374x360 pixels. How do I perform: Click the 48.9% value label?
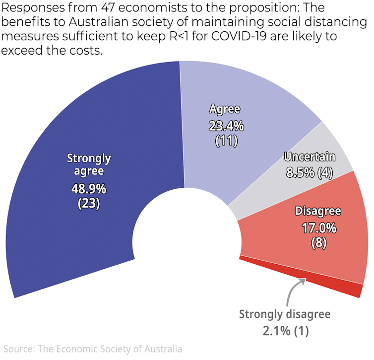click(89, 189)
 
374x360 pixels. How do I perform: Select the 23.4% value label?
click(226, 126)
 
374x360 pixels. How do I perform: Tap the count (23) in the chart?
click(89, 203)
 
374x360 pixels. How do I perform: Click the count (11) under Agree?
click(226, 140)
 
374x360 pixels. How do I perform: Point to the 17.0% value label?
click(319, 229)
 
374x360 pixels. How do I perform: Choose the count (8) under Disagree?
click(319, 243)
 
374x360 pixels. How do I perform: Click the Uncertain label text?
click(310, 157)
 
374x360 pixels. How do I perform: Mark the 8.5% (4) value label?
click(310, 173)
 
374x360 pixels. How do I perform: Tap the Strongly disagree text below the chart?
click(284, 314)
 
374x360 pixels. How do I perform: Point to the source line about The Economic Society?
click(92, 349)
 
